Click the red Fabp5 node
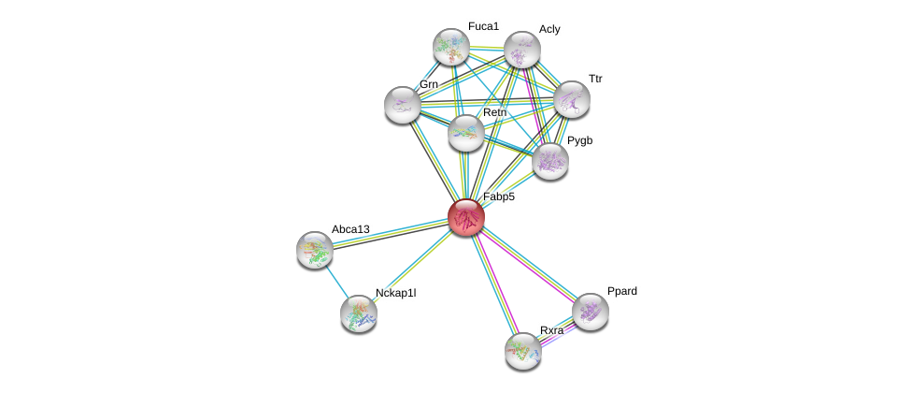(466, 217)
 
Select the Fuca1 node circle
(450, 47)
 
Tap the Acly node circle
(521, 50)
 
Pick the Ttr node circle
(571, 99)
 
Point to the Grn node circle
(403, 105)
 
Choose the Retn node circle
(466, 133)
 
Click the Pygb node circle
(549, 161)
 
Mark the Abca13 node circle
(315, 249)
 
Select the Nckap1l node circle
(359, 313)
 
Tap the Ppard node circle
(590, 312)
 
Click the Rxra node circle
(522, 351)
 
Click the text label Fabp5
(499, 196)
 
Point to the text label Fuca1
(483, 26)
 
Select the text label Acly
(549, 29)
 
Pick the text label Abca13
(350, 229)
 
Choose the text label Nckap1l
(395, 293)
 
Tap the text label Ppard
(621, 291)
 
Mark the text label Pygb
(579, 140)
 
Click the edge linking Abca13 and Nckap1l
(336, 281)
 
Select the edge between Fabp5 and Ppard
(528, 264)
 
